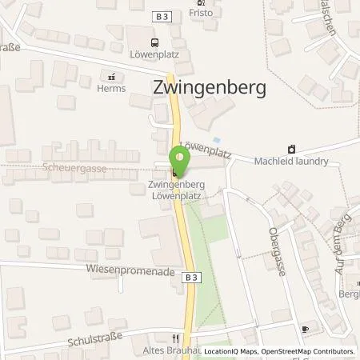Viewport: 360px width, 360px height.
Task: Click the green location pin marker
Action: (178, 163)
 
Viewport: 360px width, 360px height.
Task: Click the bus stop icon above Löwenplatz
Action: (154, 43)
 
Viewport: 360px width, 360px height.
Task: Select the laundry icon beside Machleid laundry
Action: (291, 148)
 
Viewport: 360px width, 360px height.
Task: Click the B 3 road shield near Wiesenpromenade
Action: (189, 276)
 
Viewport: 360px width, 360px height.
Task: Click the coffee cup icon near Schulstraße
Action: (304, 329)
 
